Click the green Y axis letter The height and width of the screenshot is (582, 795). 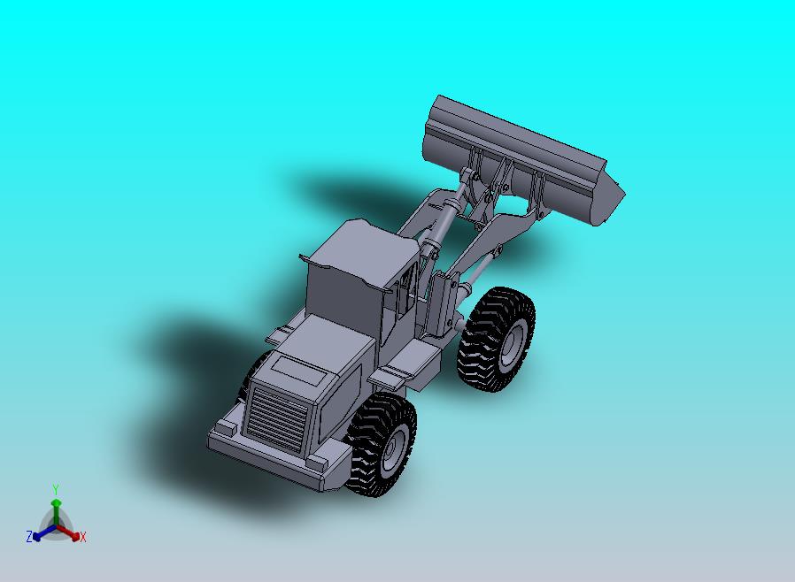click(56, 489)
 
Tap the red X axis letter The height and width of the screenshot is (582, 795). click(82, 537)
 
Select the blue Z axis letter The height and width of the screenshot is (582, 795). click(29, 536)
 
